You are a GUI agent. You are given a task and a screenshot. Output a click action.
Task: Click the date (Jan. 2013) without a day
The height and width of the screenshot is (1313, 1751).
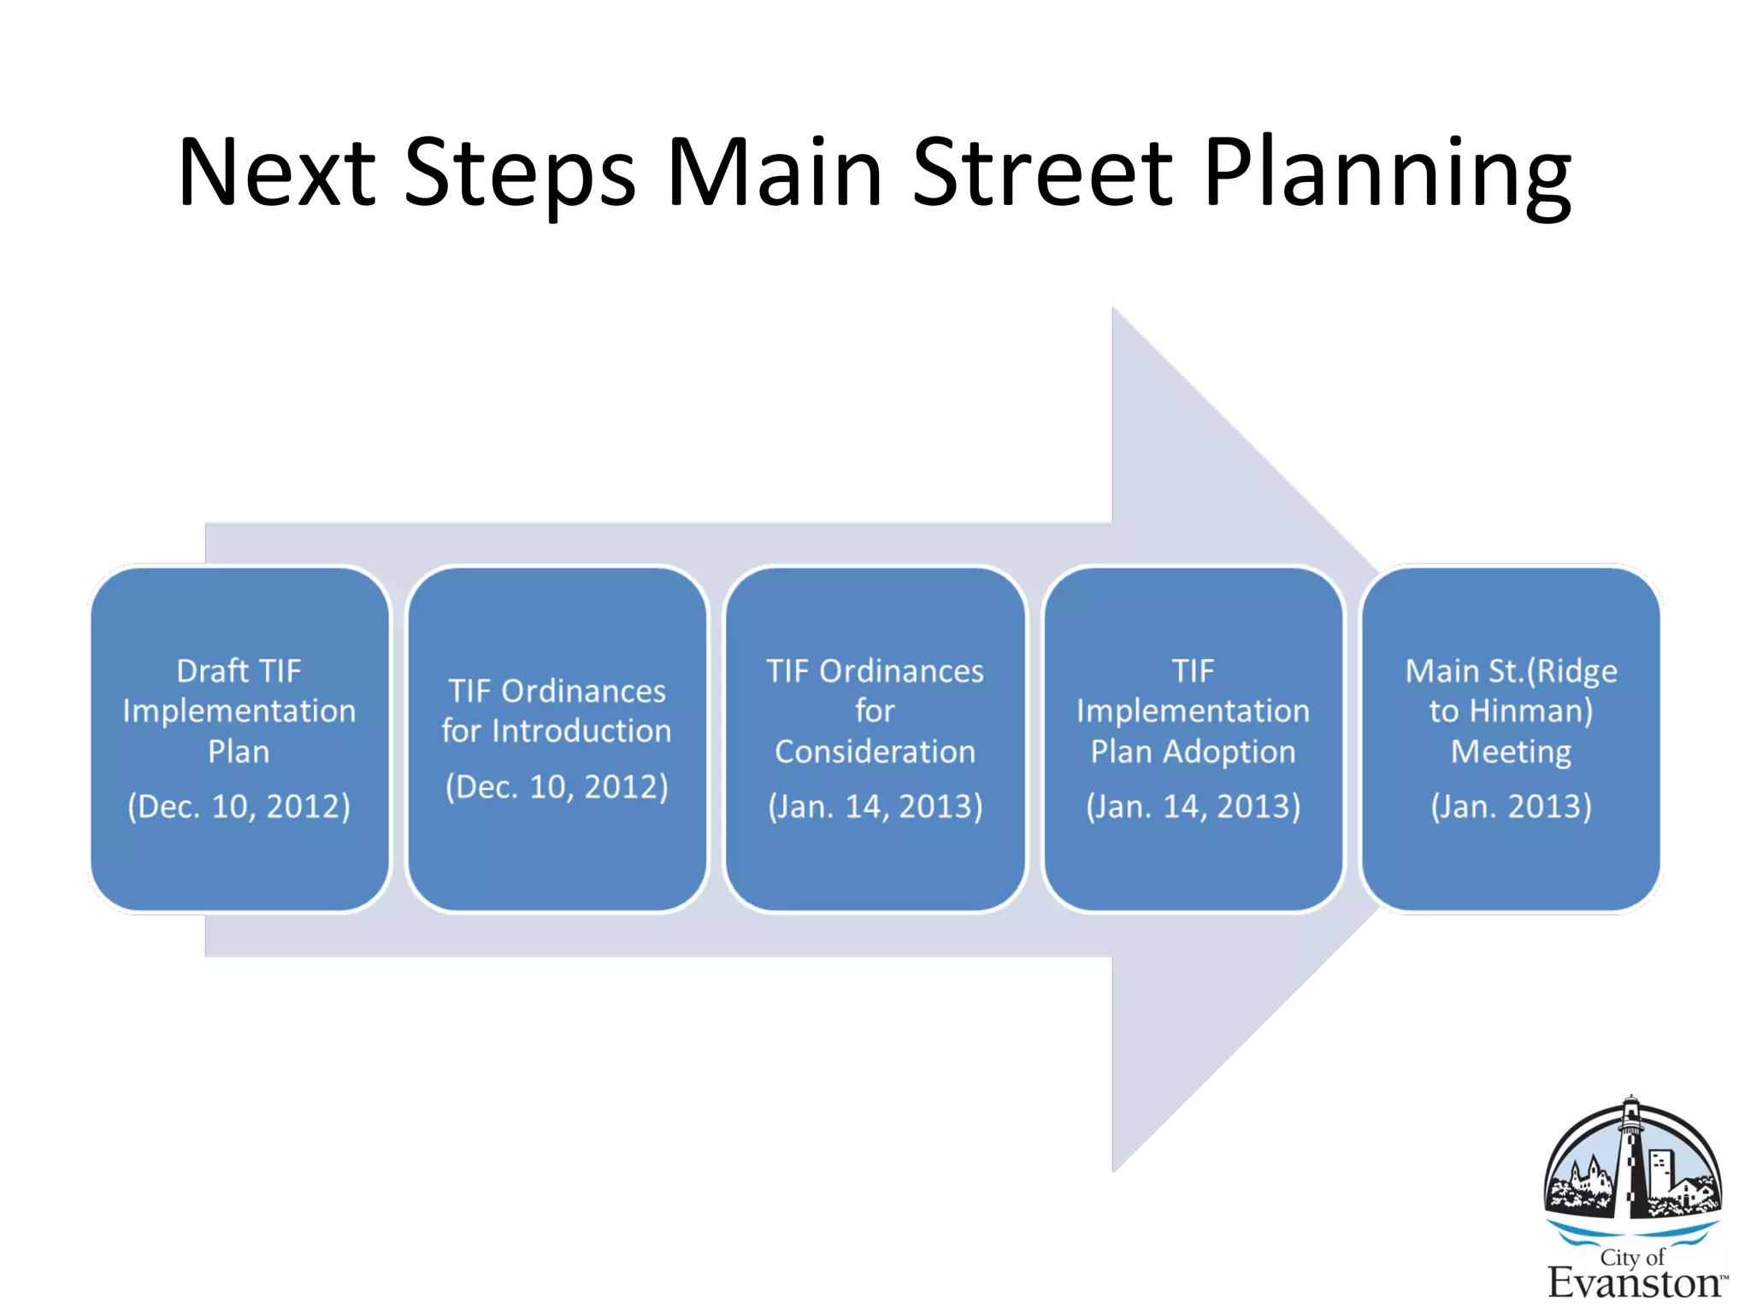point(1511,806)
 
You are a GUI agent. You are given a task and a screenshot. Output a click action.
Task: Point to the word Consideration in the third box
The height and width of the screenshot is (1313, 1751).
point(875,751)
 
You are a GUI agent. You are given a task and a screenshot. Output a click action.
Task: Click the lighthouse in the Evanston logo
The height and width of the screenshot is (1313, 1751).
point(1631,1158)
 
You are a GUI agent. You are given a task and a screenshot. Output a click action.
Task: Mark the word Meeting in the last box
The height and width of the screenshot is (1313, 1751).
point(1511,751)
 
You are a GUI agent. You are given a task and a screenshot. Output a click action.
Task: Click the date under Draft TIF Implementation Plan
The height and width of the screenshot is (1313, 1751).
point(239,806)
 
